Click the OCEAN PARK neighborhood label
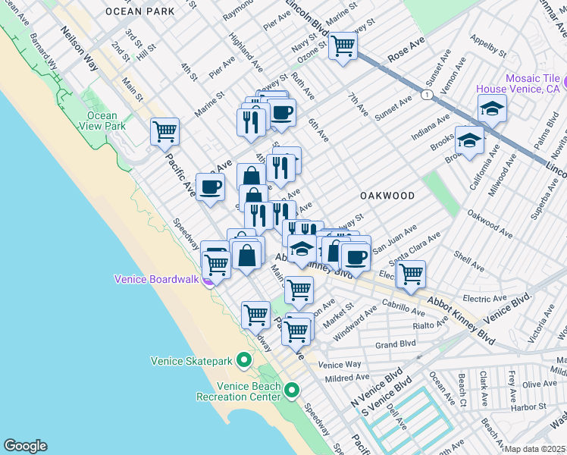coord(139,11)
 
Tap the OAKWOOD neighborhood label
coord(387,196)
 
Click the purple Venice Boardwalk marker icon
coord(208,279)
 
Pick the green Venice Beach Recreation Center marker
coord(292,390)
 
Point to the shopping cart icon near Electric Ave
coord(411,273)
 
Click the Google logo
coord(25,446)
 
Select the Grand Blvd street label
coord(396,344)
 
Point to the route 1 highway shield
coord(428,94)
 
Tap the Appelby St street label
coord(487,45)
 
